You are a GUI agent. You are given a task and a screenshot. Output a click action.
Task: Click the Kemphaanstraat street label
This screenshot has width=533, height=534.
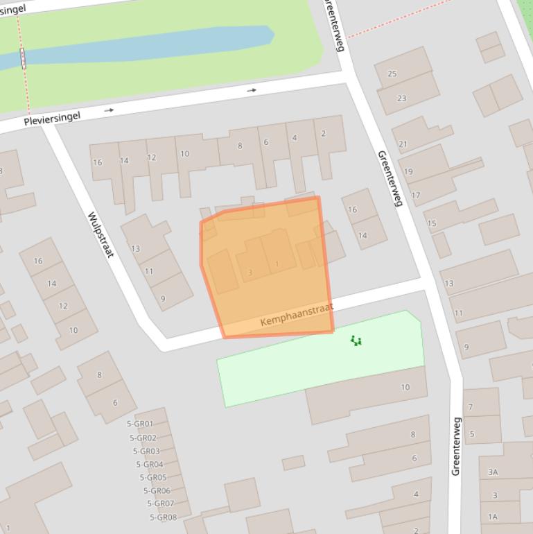[x=297, y=315]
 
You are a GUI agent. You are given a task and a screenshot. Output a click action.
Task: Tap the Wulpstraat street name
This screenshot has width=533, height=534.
[x=100, y=234]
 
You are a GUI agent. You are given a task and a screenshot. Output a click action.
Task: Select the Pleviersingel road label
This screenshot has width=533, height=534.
[x=52, y=119]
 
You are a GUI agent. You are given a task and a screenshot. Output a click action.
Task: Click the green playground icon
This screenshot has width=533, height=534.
[x=356, y=340]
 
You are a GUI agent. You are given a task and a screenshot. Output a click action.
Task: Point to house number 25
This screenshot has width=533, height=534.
[x=392, y=74]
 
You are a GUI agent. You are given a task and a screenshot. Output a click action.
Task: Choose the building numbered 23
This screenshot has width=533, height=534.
[x=401, y=98]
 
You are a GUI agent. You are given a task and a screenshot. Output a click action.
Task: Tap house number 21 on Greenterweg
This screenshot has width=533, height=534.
[x=403, y=144]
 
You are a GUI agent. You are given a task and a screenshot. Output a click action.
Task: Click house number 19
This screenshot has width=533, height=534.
[x=408, y=171]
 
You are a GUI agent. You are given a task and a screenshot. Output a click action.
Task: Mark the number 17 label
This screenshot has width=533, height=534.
[x=415, y=195]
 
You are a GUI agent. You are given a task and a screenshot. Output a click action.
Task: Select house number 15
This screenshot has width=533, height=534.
[x=432, y=223]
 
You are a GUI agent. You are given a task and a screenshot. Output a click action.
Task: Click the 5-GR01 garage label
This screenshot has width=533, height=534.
[x=140, y=424]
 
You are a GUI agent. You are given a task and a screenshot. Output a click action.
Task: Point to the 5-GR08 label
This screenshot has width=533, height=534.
[x=163, y=517]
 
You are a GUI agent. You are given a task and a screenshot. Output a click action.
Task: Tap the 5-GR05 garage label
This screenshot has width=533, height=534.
[x=153, y=477]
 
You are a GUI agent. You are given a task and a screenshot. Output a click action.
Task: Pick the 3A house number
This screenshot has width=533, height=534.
[x=493, y=472]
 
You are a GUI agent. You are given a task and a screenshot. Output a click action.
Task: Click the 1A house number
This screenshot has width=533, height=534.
[x=493, y=517]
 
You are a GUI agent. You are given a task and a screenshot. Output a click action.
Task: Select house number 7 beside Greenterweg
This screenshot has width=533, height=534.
[x=471, y=407]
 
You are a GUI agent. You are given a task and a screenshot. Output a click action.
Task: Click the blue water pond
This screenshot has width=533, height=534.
[x=139, y=46]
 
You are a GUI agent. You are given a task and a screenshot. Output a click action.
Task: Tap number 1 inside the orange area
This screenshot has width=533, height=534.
[x=277, y=264]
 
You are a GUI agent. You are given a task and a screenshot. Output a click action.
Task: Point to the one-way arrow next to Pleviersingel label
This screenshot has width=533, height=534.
[x=109, y=110]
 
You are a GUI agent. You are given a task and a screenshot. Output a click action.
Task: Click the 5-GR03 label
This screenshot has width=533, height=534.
[x=146, y=451]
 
